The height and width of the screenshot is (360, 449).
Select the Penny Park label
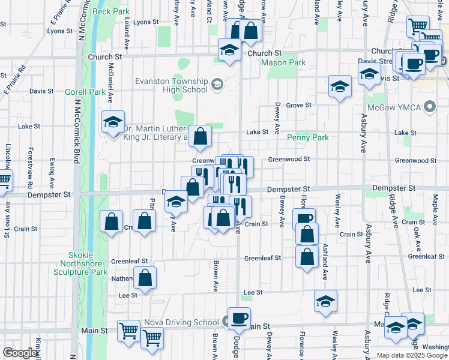pos(307,137)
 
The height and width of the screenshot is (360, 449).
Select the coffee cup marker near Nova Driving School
pos(239,319)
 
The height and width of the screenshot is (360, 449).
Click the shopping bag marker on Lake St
pos(200,136)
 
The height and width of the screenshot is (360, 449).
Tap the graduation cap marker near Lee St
pos(325,302)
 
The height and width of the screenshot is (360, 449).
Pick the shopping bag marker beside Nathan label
pos(145,278)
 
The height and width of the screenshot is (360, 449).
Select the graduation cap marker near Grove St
pos(340,87)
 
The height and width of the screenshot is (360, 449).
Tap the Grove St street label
pos(298,105)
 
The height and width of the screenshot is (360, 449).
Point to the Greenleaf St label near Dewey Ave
pos(262,258)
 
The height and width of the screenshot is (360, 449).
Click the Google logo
pos(20,353)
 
